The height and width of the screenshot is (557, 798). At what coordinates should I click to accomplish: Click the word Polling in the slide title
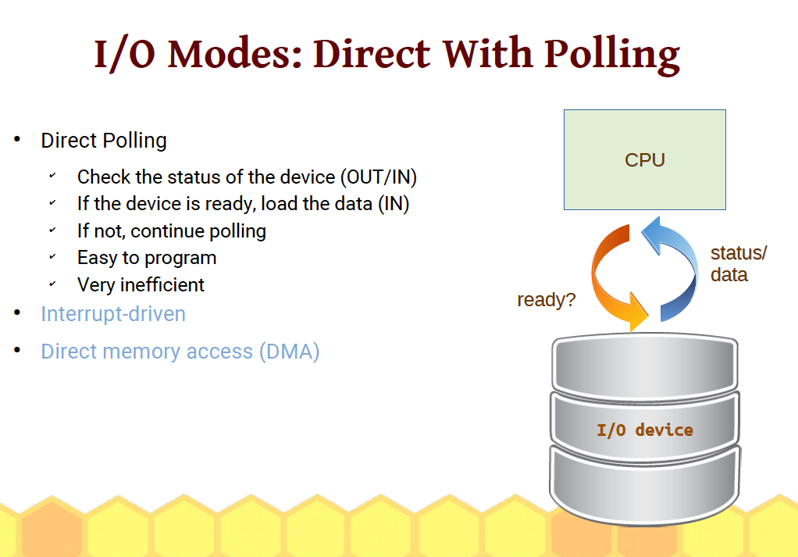click(611, 55)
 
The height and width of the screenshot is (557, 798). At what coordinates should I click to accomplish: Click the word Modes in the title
click(235, 54)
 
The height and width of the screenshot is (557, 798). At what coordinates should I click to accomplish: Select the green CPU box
click(645, 159)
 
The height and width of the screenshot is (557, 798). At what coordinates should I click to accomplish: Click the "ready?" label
click(546, 300)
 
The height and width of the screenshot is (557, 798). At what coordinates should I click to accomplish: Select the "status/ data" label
click(738, 264)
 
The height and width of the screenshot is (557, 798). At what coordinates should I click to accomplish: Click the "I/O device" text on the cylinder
click(645, 430)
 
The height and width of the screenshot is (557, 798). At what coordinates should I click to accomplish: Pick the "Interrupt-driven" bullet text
click(113, 314)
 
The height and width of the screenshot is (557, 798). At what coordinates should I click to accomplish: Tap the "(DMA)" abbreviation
click(289, 352)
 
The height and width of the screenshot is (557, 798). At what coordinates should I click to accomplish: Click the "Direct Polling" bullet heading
click(104, 141)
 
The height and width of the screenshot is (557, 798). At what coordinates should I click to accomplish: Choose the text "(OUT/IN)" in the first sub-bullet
click(379, 177)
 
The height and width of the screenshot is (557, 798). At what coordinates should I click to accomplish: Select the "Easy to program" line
click(147, 258)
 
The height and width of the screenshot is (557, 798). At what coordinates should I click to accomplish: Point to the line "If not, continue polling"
click(172, 231)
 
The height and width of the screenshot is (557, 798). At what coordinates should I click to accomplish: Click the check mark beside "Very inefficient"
click(52, 284)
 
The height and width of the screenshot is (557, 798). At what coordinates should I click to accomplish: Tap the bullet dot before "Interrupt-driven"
click(17, 312)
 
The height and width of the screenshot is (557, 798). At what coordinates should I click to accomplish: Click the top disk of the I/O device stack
click(645, 365)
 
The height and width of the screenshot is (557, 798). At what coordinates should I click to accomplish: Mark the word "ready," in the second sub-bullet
click(230, 204)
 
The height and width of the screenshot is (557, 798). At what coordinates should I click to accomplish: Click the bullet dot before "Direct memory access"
click(17, 350)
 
